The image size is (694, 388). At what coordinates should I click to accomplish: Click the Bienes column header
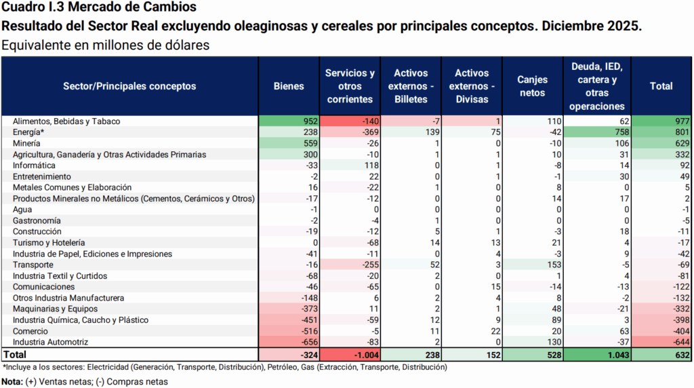289,86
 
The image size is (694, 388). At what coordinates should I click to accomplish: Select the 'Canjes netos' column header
532,86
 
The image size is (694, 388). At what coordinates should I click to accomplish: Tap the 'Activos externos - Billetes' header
411,86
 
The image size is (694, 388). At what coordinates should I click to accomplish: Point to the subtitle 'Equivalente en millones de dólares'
105,45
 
